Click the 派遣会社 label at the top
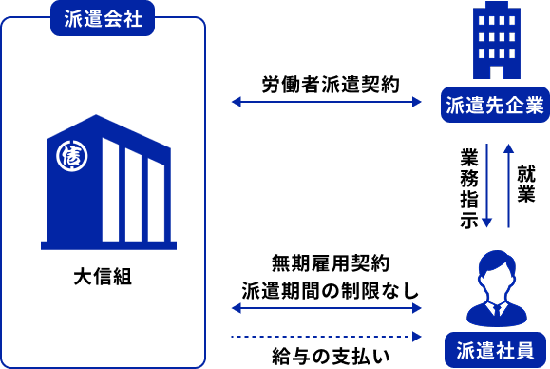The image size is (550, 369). pyautogui.click(x=103, y=19)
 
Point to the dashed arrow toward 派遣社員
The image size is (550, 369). pyautogui.click(x=325, y=337)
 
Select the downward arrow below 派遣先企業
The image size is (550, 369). pyautogui.click(x=486, y=185)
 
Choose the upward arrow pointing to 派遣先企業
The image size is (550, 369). pyautogui.click(x=509, y=185)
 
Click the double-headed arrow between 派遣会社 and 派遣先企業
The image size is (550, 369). pyautogui.click(x=326, y=102)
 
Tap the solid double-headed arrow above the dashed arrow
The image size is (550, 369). pyautogui.click(x=326, y=308)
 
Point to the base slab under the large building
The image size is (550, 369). pyautogui.click(x=108, y=245)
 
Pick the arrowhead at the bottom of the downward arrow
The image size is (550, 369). pyautogui.click(x=486, y=223)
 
